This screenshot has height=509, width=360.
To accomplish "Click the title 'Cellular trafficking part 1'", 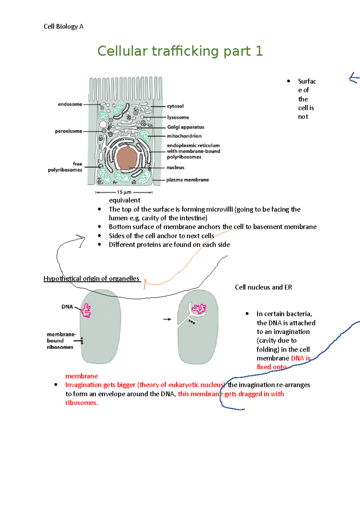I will click(180, 51).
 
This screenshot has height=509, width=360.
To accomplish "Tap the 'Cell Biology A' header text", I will click(63, 26).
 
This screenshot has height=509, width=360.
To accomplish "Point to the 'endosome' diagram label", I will click(70, 104).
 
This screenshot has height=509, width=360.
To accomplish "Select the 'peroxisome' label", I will click(68, 131).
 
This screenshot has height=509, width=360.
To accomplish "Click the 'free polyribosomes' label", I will click(65, 167).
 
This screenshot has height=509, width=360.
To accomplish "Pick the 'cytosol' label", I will click(175, 106).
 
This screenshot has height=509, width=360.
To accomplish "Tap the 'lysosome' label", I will click(178, 117).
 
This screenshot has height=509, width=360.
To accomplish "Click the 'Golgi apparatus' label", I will click(185, 127).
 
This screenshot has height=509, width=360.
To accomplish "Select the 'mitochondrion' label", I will click(184, 136).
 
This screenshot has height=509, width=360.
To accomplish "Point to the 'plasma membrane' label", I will click(187, 180).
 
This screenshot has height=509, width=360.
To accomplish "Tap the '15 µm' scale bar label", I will click(124, 192).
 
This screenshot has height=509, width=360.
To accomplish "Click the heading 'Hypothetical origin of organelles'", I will click(91, 278).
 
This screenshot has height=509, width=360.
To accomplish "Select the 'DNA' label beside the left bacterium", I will click(67, 307).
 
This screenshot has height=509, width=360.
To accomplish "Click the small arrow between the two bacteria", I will click(167, 319).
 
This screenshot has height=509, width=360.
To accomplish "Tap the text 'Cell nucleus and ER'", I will click(263, 287).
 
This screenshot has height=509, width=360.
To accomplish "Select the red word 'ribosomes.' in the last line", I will click(82, 403).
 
